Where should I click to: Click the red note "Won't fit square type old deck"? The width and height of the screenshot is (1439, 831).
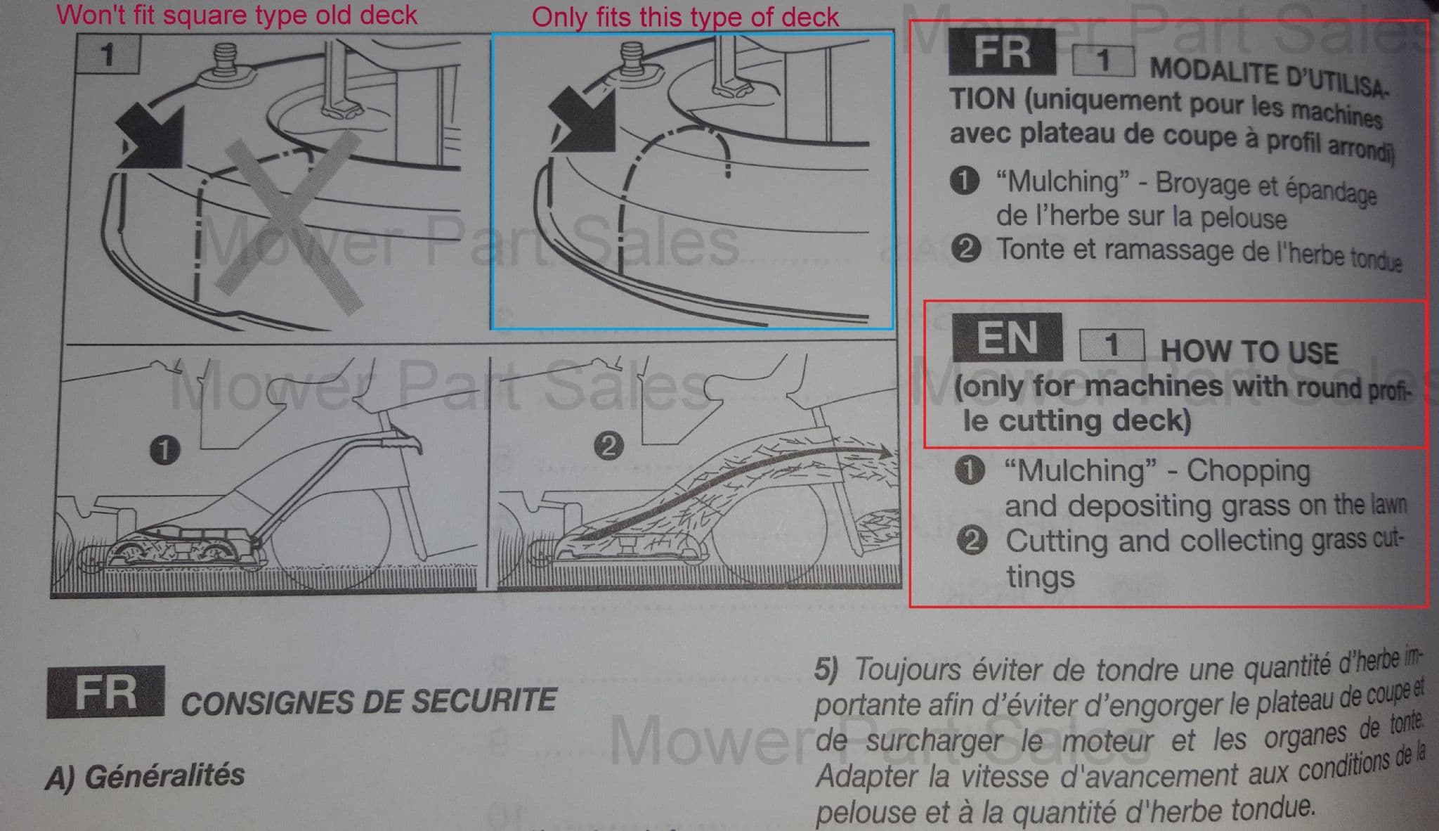tap(237, 15)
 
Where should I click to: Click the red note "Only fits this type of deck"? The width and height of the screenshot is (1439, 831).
tap(685, 17)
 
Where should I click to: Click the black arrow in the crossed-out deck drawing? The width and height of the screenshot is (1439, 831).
tap(150, 138)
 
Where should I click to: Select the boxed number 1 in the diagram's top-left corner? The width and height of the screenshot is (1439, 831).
tap(108, 54)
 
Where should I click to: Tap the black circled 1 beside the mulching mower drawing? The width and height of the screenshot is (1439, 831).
tap(164, 450)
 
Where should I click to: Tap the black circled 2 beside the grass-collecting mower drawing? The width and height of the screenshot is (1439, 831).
tap(608, 446)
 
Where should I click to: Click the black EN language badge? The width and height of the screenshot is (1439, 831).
tap(1007, 337)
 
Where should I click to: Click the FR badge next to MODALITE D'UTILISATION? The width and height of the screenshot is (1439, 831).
tap(1002, 51)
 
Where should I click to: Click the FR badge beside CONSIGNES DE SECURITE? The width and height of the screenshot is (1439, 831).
tap(106, 692)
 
